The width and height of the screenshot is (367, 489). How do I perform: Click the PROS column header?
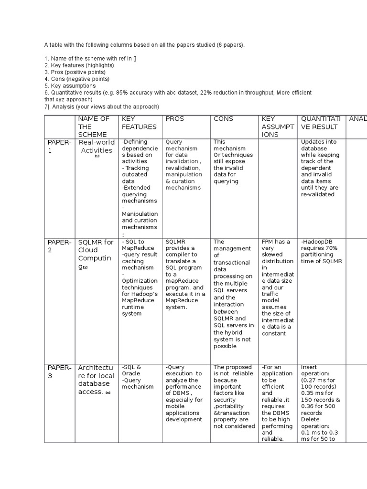[174, 118]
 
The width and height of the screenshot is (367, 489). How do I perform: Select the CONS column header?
[223, 118]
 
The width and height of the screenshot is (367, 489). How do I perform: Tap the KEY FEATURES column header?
[139, 123]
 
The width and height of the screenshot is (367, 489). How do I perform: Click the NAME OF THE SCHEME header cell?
[94, 127]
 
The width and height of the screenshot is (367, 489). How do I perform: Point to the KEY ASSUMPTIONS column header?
[276, 127]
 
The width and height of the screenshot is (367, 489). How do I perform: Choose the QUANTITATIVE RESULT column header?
[320, 123]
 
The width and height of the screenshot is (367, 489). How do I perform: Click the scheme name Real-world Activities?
[97, 147]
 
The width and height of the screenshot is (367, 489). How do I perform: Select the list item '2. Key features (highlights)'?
[79, 65]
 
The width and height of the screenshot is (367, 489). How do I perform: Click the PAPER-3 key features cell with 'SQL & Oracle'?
[138, 377]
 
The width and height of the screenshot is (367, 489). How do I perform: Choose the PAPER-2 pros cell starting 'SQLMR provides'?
[185, 274]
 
